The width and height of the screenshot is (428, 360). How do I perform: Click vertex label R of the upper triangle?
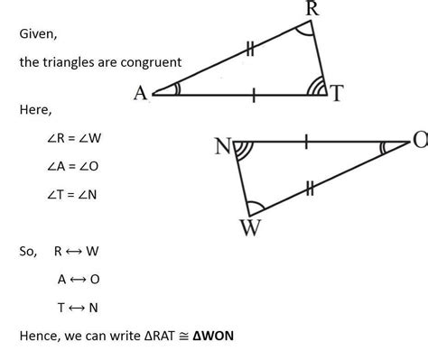tap(312, 10)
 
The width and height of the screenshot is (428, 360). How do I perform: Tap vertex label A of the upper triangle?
tap(141, 93)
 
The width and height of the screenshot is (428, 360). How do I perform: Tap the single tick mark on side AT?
tap(254, 93)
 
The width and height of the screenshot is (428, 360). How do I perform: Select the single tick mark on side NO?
tap(308, 142)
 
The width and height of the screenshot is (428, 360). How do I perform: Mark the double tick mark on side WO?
tap(310, 188)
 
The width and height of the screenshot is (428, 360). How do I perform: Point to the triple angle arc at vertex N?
tap(242, 150)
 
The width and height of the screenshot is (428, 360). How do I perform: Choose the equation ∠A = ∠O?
tap(64, 167)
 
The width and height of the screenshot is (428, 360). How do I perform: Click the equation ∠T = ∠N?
tap(64, 194)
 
